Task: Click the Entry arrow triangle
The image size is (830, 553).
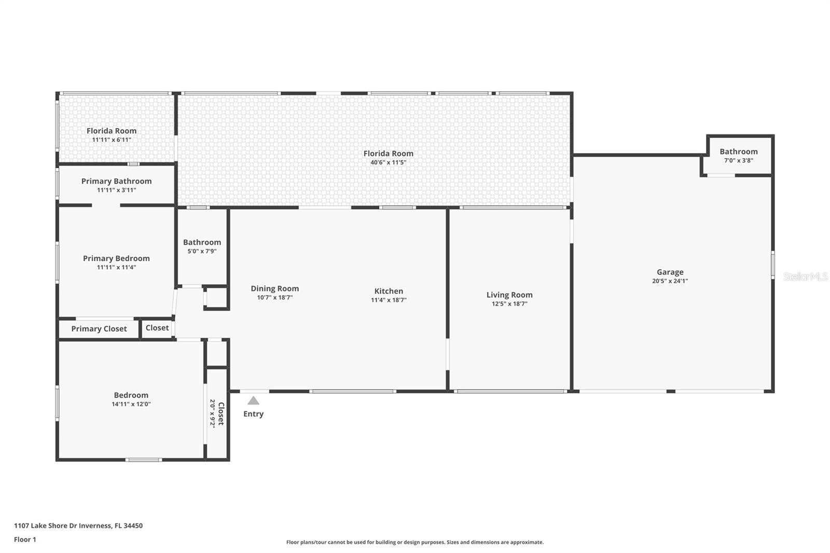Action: coord(254,400)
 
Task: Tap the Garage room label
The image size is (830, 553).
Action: coord(670,272)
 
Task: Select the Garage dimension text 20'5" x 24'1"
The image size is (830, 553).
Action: coord(670,281)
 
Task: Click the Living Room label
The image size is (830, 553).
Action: coord(509,295)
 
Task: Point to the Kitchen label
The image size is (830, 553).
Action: coord(389,291)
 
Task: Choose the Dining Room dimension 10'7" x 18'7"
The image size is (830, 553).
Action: coord(275,297)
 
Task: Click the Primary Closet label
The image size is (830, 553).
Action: coord(99,329)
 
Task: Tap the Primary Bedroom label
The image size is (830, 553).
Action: coord(116,258)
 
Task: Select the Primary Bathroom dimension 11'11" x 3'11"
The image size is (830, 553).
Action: coord(116,190)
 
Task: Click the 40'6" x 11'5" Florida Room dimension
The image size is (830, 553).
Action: coord(389,162)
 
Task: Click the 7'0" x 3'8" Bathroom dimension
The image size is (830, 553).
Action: coord(739,160)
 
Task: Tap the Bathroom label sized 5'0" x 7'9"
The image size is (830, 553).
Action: coord(202,242)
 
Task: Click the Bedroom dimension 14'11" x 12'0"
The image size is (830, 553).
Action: coord(131,404)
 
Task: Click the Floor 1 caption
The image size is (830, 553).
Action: coord(25,540)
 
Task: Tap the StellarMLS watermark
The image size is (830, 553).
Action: coord(806,276)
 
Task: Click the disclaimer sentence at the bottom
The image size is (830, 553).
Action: coord(415,542)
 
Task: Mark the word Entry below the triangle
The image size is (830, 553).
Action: coord(254,414)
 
